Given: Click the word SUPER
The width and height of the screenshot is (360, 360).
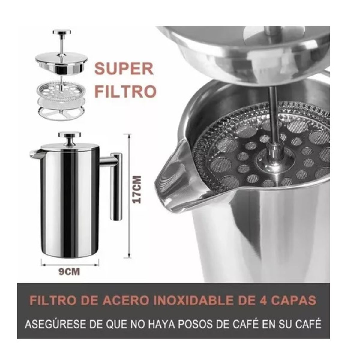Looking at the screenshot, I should point(124,69).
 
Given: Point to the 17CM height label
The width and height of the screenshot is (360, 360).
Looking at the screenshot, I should point(137,190).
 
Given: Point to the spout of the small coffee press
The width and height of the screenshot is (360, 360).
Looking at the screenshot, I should point(34,154).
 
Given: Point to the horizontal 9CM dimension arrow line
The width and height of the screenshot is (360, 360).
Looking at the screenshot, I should point(70,264).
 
